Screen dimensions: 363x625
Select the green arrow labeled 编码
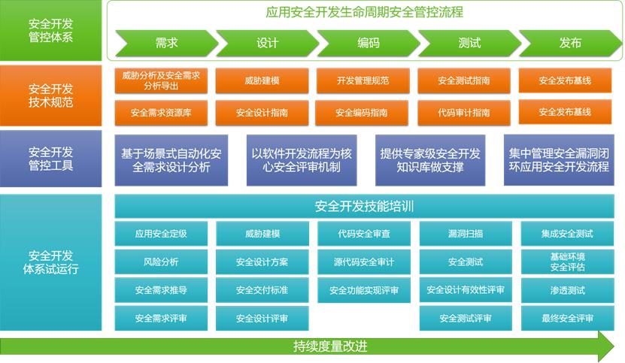pyautogui.click(x=367, y=43)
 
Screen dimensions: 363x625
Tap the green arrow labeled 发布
pyautogui.click(x=569, y=43)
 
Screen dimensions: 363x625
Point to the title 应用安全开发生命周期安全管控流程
pyautogui.click(x=364, y=12)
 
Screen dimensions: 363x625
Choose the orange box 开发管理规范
pyautogui.click(x=363, y=80)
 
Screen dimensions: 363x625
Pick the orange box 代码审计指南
pyautogui.click(x=463, y=113)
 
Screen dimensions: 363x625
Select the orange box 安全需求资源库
pyautogui.click(x=160, y=113)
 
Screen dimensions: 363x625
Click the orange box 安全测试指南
pyautogui.click(x=463, y=80)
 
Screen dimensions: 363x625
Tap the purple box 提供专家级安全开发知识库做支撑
pyautogui.click(x=429, y=160)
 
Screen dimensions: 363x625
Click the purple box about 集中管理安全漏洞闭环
pyautogui.click(x=559, y=160)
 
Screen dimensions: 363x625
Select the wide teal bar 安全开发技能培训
pyautogui.click(x=364, y=206)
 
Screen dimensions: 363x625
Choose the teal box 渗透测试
pyautogui.click(x=567, y=290)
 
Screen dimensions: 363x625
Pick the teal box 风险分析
pyautogui.click(x=160, y=262)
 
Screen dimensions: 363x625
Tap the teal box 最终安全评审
pyautogui.click(x=567, y=318)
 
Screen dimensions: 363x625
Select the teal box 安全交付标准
pyautogui.click(x=262, y=290)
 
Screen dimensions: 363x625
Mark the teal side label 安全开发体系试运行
pyautogui.click(x=50, y=262)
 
